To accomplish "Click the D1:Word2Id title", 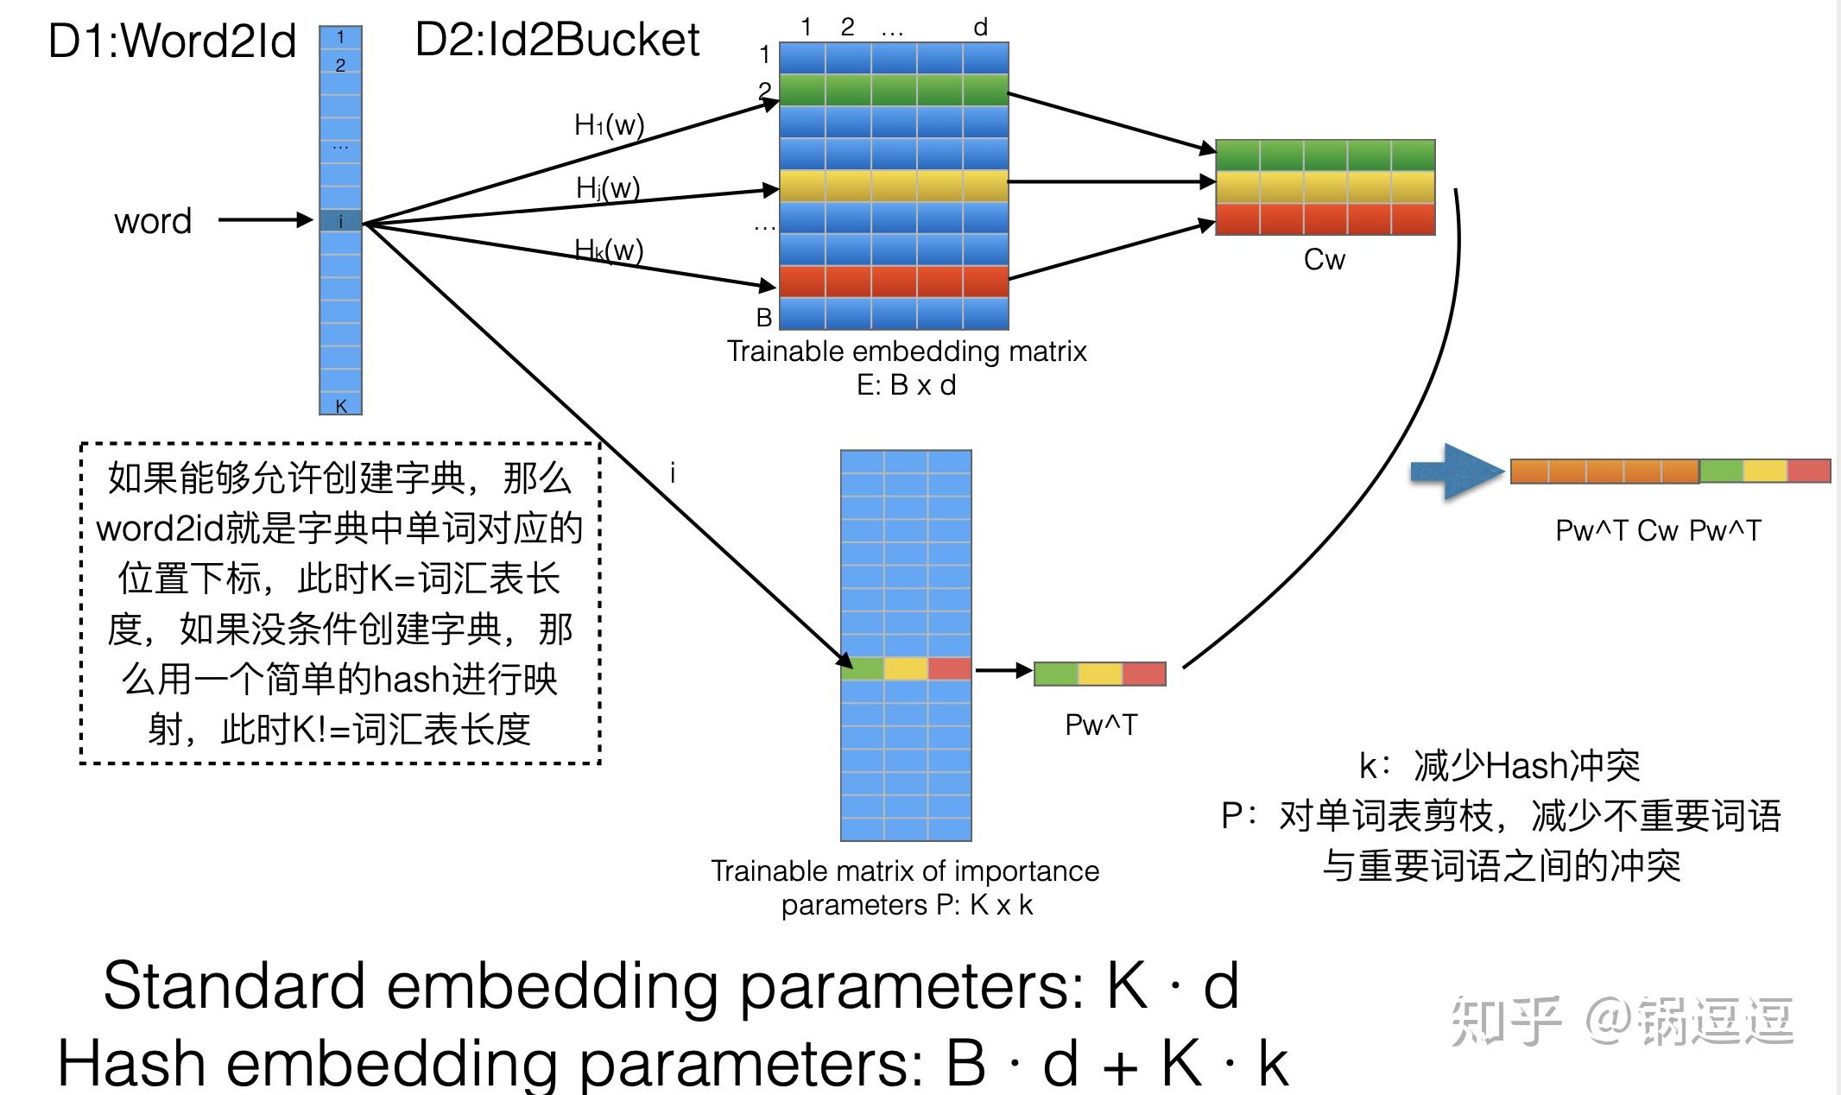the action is click(172, 41).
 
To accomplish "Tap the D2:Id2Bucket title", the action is click(557, 40).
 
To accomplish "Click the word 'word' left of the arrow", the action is click(153, 221).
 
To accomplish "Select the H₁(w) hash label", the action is click(610, 125).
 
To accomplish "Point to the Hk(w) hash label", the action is click(609, 250).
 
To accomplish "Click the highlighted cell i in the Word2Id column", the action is click(340, 221).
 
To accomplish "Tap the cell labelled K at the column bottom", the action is click(340, 405).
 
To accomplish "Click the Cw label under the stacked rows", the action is click(1324, 259).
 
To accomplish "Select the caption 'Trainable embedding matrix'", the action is click(907, 351).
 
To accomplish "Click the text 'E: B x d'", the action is click(907, 385).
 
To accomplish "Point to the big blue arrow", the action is click(1458, 472).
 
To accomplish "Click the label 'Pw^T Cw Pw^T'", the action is click(1658, 530).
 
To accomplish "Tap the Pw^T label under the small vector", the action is click(1101, 725).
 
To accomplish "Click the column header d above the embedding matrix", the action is click(980, 28).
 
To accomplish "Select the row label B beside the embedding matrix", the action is click(764, 318).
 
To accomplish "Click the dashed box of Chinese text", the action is click(340, 603).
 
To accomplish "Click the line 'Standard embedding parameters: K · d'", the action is click(671, 985).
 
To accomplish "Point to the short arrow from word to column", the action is click(265, 220).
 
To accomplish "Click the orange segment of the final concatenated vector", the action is click(1604, 472).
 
